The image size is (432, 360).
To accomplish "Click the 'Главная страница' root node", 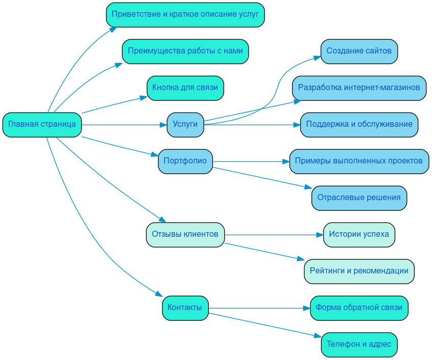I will [x=42, y=125].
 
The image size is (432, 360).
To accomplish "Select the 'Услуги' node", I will [x=185, y=125].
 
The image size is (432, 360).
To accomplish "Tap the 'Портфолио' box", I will [x=185, y=161].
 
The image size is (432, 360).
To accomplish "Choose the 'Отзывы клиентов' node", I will [x=185, y=235].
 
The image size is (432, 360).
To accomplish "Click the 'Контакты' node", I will [x=185, y=308].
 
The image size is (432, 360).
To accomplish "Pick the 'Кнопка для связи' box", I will [x=185, y=88].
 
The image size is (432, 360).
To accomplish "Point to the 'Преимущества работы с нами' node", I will [x=185, y=51].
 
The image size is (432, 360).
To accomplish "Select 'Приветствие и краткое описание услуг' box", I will [x=185, y=15].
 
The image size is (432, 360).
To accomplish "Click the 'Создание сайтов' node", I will [x=359, y=51].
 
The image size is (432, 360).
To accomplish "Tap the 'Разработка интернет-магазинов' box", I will [x=359, y=88].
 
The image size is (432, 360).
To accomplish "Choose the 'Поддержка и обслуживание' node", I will [x=359, y=125].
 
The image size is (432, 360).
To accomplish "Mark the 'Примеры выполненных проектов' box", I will [x=359, y=161].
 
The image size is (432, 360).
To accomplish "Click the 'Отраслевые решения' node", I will [x=359, y=198].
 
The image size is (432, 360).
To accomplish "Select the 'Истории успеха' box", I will [x=359, y=235].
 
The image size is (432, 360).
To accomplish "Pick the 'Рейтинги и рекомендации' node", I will [x=359, y=271].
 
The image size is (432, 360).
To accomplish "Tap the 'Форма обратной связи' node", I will [x=359, y=308].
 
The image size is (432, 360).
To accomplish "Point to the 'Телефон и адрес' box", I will [x=359, y=345].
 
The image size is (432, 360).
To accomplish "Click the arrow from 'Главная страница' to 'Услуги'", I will [x=124, y=125].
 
